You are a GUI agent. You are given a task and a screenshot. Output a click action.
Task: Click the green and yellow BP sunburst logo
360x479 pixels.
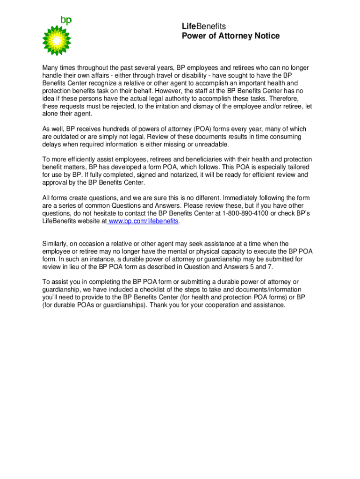pos(56,40)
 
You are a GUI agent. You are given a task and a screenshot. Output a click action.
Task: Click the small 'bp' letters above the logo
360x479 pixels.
pos(66,20)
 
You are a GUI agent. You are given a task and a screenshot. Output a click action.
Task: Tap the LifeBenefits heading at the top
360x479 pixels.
pos(203,27)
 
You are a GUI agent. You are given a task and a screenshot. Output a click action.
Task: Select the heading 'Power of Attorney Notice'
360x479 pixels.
pos(230,36)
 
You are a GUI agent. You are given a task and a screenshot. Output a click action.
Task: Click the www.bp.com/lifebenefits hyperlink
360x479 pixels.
pos(144,221)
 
